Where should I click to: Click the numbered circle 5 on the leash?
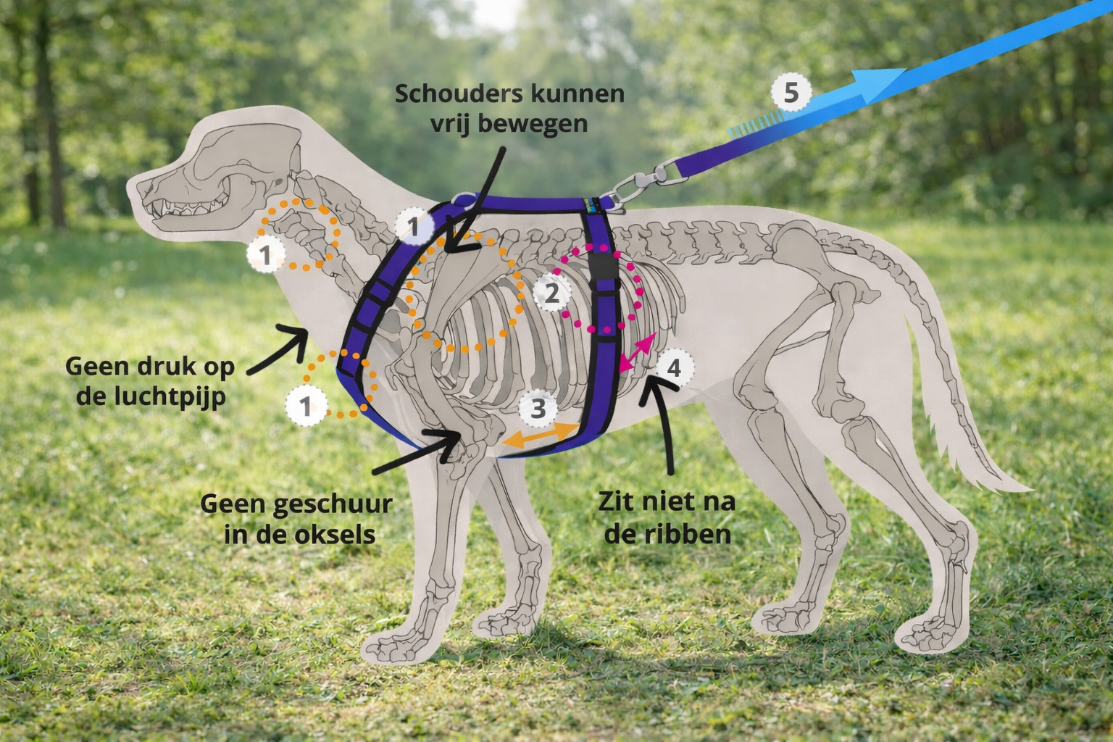tap(791, 93)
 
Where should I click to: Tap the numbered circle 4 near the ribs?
tap(674, 368)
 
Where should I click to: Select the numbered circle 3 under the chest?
tap(538, 408)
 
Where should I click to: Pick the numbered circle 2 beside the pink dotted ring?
tap(551, 293)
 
